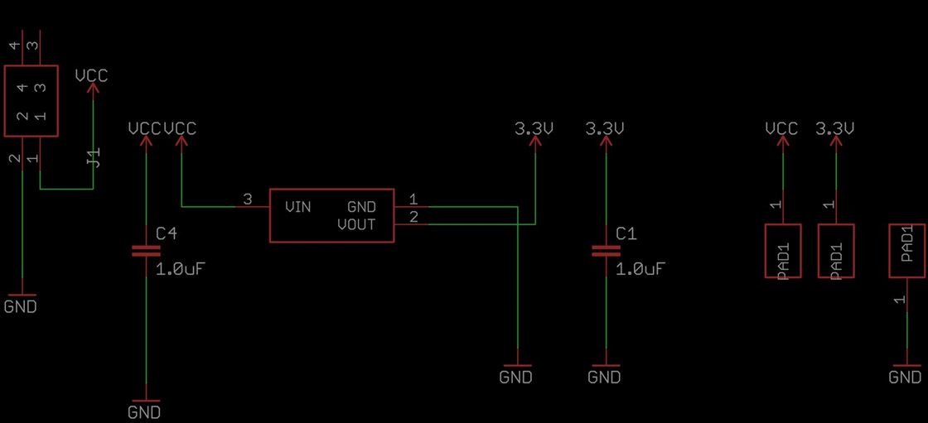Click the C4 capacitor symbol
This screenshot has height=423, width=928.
[145, 252]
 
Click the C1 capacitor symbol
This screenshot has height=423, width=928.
[606, 252]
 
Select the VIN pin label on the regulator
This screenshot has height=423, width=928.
[297, 207]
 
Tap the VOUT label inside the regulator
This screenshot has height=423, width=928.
[356, 225]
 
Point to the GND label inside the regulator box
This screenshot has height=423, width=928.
[361, 207]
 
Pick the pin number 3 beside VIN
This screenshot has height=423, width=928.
[248, 199]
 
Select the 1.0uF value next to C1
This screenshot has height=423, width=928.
[641, 269]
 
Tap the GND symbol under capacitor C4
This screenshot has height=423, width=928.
[145, 406]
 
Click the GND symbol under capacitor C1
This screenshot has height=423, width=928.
[605, 373]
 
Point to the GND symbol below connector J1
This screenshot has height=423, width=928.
[21, 301]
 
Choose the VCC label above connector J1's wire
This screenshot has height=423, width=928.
[92, 75]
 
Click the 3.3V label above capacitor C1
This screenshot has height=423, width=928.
[605, 128]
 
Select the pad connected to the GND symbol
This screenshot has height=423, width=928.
[906, 250]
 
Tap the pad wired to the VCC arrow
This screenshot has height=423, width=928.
[782, 251]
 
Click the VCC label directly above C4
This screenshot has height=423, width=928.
[145, 128]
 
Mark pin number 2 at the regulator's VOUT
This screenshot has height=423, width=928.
[413, 217]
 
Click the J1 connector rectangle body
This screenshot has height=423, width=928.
[31, 101]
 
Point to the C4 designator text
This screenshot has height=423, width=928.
[167, 233]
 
